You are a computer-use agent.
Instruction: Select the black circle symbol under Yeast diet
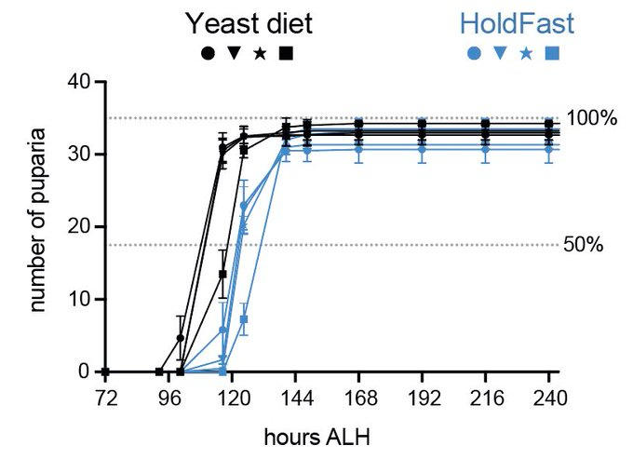click(x=208, y=54)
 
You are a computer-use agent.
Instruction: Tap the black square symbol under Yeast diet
click(x=286, y=54)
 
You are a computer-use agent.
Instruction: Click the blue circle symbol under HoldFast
click(x=474, y=54)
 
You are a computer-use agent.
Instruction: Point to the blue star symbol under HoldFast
click(x=526, y=54)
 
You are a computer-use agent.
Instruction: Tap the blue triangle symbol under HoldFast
click(x=500, y=54)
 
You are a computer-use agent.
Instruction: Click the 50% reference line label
click(x=584, y=245)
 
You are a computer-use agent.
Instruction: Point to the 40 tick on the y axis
click(x=80, y=82)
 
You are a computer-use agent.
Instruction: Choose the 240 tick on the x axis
click(x=548, y=393)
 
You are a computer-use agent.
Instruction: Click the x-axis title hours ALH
click(x=325, y=436)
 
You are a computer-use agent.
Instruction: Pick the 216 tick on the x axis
click(x=484, y=393)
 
